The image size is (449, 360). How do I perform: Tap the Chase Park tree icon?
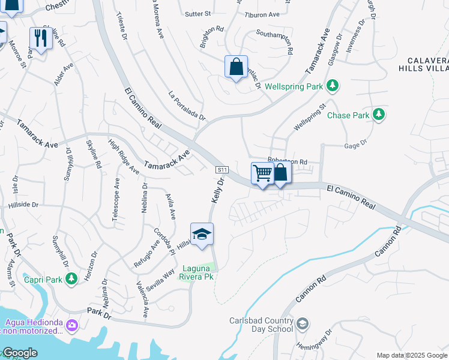click(x=378, y=115)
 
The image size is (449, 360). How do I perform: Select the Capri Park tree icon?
click(x=71, y=278)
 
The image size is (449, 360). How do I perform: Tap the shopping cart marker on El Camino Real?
click(x=262, y=173)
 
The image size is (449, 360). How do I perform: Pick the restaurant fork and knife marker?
click(x=40, y=39)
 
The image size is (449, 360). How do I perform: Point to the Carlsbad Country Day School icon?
click(x=303, y=325)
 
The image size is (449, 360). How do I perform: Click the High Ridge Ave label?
click(x=124, y=157)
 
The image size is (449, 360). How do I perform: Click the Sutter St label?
click(x=199, y=13)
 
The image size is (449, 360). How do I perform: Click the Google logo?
click(x=20, y=353)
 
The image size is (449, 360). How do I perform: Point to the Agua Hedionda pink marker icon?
click(x=72, y=326)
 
